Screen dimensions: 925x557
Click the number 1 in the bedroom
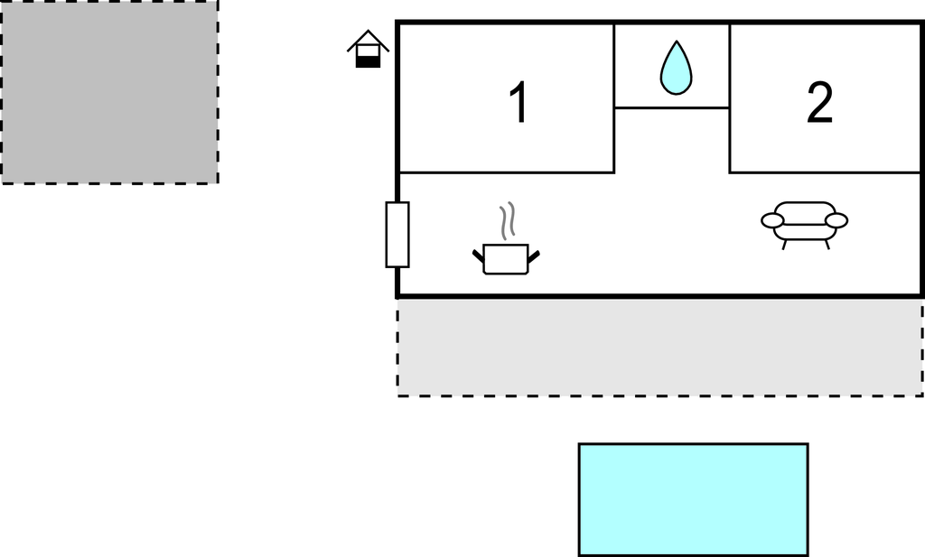[519, 102]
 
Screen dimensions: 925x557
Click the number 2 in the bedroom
[819, 102]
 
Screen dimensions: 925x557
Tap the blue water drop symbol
[676, 68]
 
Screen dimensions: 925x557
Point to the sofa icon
[805, 225]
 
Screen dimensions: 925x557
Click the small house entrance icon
[369, 49]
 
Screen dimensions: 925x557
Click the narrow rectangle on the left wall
[397, 235]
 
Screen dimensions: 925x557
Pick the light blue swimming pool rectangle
[693, 500]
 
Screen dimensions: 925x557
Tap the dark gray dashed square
[109, 92]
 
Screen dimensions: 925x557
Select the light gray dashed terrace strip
[660, 348]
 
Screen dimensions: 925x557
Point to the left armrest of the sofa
[772, 221]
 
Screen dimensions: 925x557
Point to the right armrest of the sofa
[836, 221]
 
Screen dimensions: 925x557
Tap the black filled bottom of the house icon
[369, 62]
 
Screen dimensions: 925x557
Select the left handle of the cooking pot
[479, 255]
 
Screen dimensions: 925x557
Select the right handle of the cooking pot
[533, 256]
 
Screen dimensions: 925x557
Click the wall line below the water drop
[672, 107]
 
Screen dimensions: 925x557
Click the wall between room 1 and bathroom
[614, 98]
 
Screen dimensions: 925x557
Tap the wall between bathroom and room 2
[730, 98]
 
